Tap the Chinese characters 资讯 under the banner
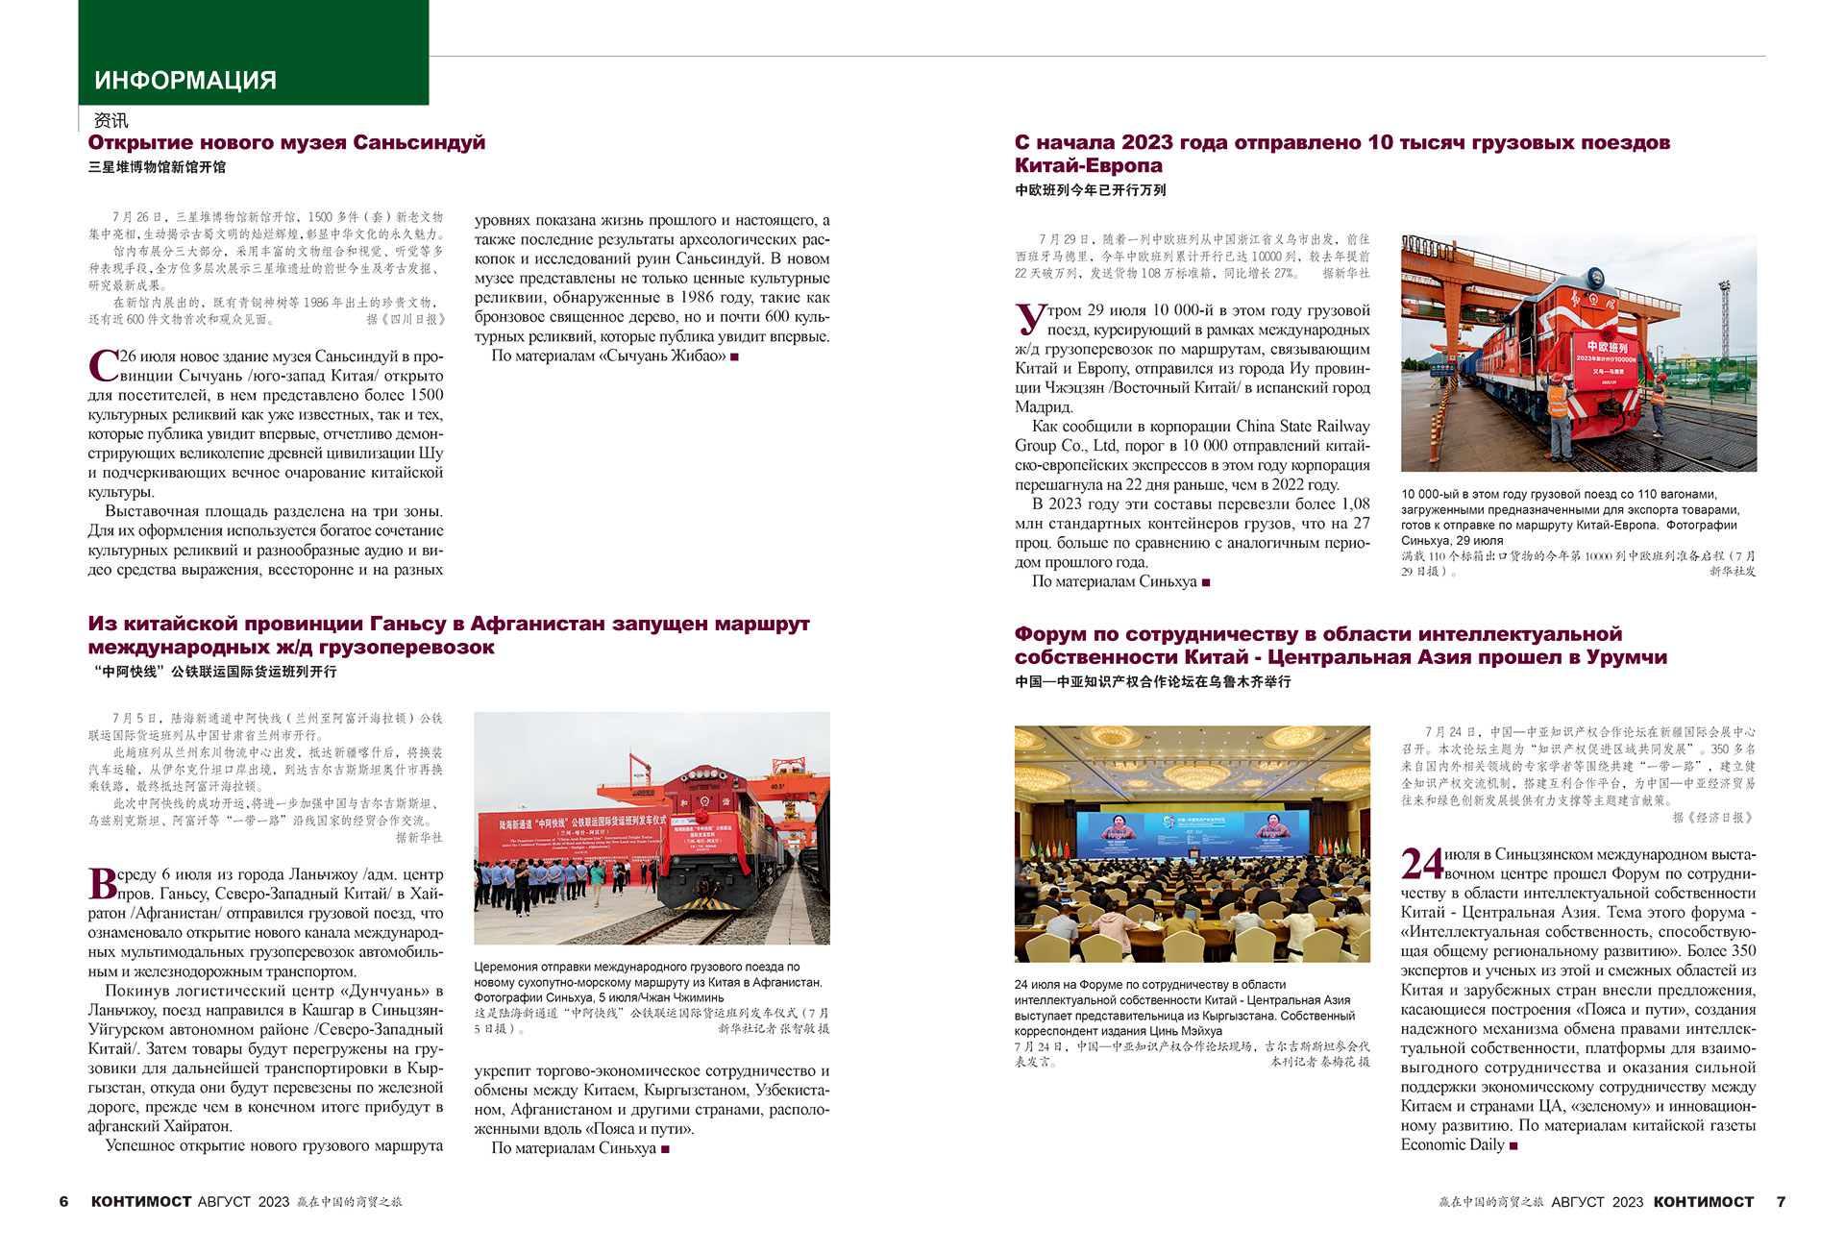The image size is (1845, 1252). click(111, 120)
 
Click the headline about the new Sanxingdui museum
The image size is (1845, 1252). click(286, 143)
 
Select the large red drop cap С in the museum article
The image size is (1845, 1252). click(103, 366)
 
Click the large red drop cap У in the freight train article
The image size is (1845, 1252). click(1030, 319)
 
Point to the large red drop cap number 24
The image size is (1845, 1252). click(1422, 864)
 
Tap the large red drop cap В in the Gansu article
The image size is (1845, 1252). click(102, 883)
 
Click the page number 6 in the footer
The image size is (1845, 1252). click(64, 1201)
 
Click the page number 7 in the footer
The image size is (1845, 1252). click(1781, 1201)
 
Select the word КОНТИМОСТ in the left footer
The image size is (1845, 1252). click(141, 1201)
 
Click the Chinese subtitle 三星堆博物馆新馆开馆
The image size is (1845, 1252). click(157, 167)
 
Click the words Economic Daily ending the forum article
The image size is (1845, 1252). click(1452, 1144)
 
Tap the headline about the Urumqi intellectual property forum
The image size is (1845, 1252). click(1341, 646)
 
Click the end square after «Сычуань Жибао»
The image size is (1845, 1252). click(735, 356)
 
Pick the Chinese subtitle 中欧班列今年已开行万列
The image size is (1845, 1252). click(1090, 190)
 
